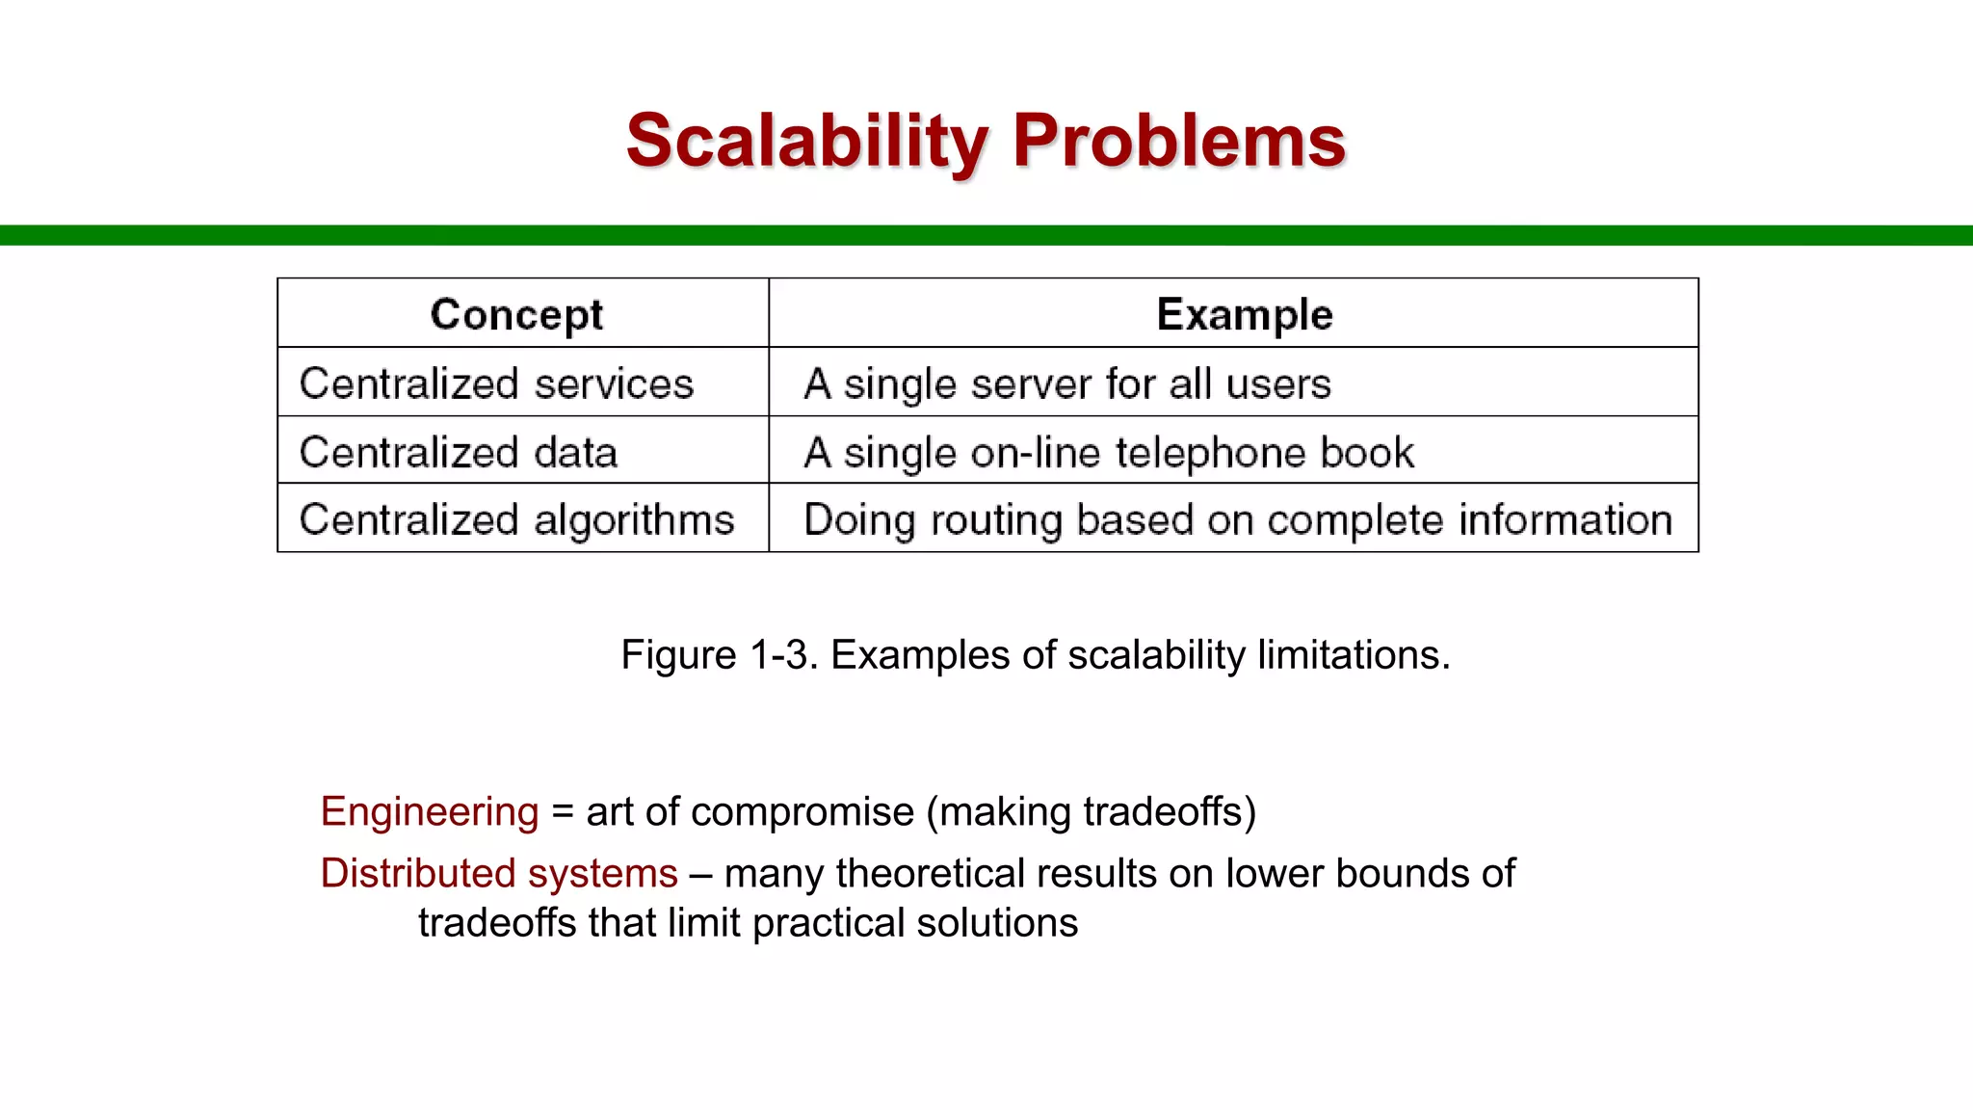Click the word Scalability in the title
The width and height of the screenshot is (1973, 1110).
coord(805,141)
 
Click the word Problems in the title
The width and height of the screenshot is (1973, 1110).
coord(1177,141)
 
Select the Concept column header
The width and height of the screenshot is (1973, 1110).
coord(516,314)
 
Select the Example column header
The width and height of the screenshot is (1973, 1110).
coord(1244,314)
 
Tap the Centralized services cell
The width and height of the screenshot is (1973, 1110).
coord(496,383)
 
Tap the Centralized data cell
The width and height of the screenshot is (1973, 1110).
coord(459,452)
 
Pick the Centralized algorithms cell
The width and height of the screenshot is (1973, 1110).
coord(516,519)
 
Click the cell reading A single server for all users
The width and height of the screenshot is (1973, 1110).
coord(1067,383)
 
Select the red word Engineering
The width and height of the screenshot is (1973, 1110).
coord(429,812)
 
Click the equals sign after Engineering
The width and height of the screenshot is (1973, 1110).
coord(563,812)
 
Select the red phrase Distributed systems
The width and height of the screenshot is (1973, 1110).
coord(499,874)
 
